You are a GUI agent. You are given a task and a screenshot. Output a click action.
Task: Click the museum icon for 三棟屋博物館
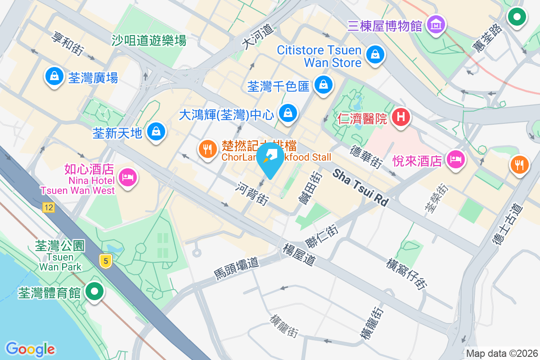coord(436,24)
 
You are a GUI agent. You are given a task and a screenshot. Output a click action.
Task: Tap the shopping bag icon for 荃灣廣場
coord(54,77)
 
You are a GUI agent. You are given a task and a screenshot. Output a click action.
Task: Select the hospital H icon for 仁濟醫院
coord(400,117)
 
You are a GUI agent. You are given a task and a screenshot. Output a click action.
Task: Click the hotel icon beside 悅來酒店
coord(456,160)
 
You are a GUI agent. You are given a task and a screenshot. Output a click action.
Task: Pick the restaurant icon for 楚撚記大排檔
coord(207,149)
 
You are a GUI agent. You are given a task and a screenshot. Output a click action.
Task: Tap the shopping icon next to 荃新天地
coord(156,132)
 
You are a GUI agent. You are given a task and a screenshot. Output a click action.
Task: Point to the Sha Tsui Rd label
coord(361,188)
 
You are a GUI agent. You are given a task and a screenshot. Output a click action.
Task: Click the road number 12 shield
coord(49,207)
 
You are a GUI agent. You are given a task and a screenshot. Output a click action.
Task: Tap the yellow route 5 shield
coord(106,261)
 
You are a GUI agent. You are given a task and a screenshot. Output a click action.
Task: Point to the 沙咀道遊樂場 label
coord(149,41)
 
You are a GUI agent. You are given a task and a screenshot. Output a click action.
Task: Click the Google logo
coord(31,349)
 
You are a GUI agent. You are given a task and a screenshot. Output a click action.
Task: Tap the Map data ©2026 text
coord(501,353)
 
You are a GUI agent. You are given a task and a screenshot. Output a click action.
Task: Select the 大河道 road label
coord(258,35)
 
